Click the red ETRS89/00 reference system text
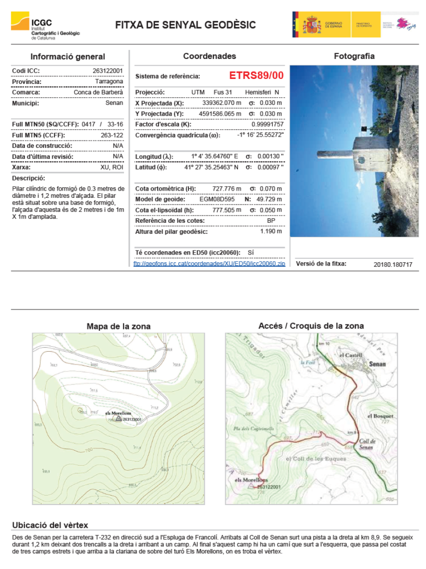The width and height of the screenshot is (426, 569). pos(256,76)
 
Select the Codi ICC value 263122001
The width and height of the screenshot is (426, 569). pos(107,71)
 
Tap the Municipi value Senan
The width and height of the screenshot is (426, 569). pos(114,103)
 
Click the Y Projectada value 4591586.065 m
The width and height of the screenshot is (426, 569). pos(220,114)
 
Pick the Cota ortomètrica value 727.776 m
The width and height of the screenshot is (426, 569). pos(227,189)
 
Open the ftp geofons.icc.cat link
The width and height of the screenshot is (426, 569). pos(209,263)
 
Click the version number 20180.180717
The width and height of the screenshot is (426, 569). pos(393,264)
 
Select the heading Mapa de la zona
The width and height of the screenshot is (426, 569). pos(118,326)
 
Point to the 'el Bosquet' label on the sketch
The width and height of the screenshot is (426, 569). pos(380,416)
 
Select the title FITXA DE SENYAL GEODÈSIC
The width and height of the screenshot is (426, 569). pos(185,26)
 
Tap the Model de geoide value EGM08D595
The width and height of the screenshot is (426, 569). pos(217,199)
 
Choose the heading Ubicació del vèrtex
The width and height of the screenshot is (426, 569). pos(50,525)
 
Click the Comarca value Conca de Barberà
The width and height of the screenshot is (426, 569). pos(98,92)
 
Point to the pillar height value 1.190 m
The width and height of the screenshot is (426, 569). pos(271,231)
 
